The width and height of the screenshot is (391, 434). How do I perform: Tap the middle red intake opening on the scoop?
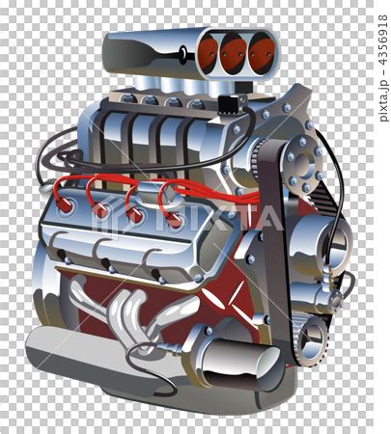[x=234, y=52]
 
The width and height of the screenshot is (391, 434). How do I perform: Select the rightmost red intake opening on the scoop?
[x=262, y=52]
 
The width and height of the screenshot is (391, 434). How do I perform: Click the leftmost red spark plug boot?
[x=66, y=204]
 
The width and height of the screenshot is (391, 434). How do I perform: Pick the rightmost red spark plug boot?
[x=174, y=221]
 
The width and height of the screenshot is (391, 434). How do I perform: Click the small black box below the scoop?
[x=231, y=104]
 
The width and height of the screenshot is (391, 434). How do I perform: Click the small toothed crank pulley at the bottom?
[x=311, y=340]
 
